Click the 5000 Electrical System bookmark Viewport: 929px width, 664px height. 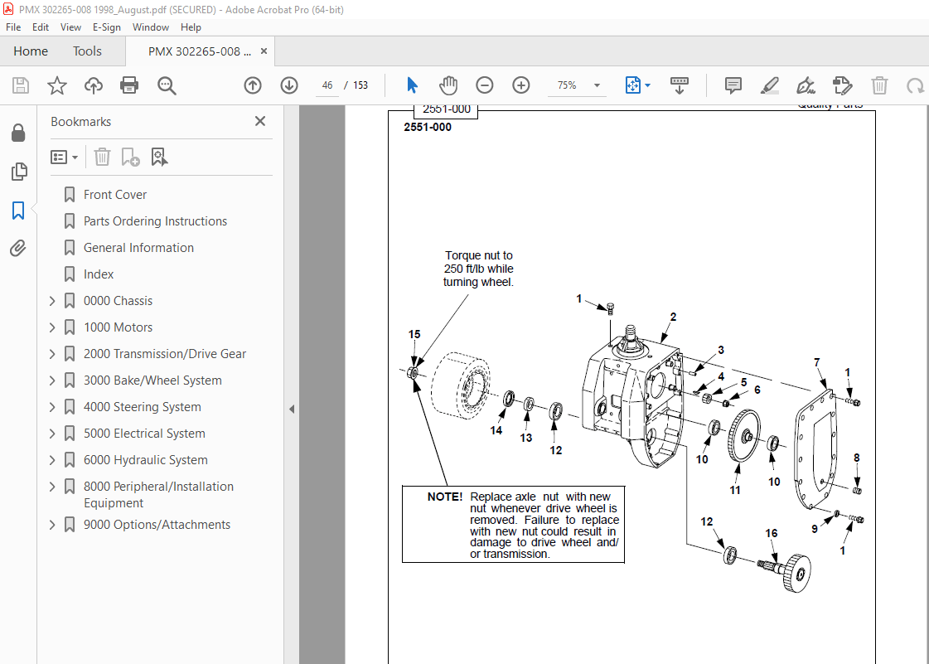pos(144,434)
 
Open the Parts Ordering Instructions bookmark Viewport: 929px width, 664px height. pos(155,221)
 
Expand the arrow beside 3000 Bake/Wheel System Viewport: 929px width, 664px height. pos(52,380)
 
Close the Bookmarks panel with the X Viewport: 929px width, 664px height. pos(260,121)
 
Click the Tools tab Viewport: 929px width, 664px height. pos(87,51)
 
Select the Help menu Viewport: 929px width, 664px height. pos(191,27)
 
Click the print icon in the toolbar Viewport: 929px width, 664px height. pos(129,85)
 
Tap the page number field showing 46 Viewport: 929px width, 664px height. pos(328,85)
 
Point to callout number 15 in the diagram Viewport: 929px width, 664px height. pos(414,335)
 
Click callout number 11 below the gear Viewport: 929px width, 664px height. pos(735,490)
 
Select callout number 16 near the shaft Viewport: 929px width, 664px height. pos(772,533)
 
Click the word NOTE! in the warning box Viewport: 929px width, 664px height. pos(445,497)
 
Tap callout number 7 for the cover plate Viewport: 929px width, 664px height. pos(817,362)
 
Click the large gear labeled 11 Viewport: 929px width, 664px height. pos(745,437)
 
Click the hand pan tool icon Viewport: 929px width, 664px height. pos(448,85)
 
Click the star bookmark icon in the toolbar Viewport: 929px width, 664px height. pos(56,85)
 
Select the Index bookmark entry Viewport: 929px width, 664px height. pos(99,274)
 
